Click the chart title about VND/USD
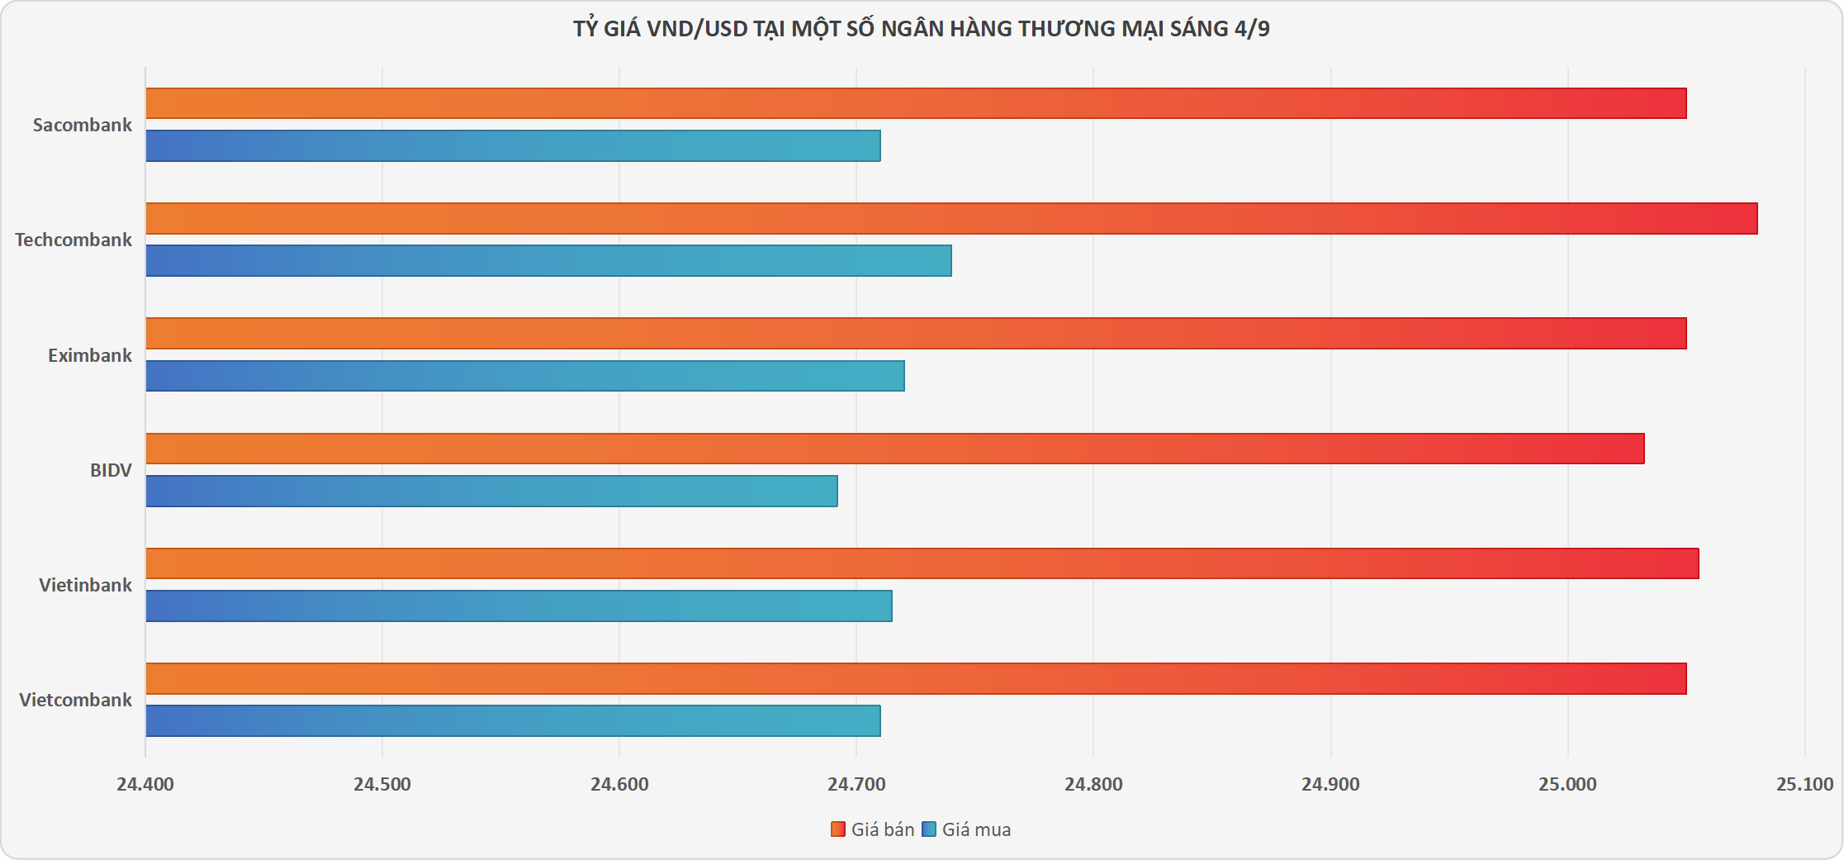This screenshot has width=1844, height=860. (x=922, y=29)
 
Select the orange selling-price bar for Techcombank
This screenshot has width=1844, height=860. (x=951, y=219)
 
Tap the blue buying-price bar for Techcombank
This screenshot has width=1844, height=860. (x=548, y=261)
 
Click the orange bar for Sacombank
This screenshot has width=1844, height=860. (x=916, y=103)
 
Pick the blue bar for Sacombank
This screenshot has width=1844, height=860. (x=513, y=146)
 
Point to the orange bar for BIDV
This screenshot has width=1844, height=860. (x=895, y=449)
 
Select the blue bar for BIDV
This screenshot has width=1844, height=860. (x=491, y=492)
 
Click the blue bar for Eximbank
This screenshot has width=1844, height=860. (x=525, y=376)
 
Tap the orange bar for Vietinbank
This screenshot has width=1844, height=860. (x=922, y=563)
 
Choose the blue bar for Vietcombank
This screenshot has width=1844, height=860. (x=513, y=721)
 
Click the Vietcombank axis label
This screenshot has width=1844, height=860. (x=75, y=701)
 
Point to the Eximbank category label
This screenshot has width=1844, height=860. (x=89, y=356)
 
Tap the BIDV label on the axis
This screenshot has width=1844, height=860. (x=111, y=471)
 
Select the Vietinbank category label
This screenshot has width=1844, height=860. (x=85, y=586)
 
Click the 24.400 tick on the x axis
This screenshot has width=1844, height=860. (x=145, y=785)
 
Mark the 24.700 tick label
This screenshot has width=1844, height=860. (x=856, y=785)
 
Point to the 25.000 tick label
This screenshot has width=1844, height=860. (x=1567, y=785)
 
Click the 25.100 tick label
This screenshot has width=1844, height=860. (x=1804, y=785)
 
